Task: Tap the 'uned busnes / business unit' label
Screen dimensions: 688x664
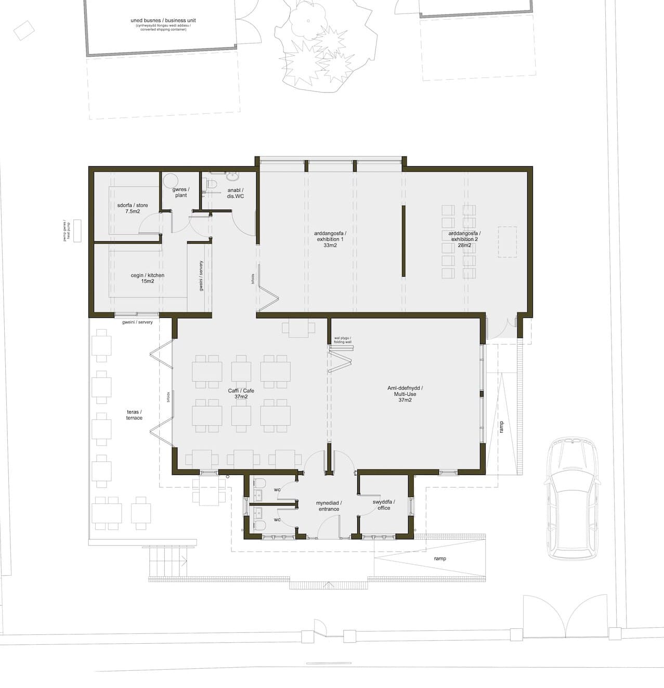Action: (x=163, y=21)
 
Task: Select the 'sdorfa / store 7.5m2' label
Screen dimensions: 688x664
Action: (x=133, y=208)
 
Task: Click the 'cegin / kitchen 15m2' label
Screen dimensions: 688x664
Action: (x=147, y=278)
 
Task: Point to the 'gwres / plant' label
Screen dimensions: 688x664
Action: (x=181, y=192)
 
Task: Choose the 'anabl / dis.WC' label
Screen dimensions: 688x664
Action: (x=235, y=193)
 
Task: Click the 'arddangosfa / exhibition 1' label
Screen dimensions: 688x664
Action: (x=330, y=239)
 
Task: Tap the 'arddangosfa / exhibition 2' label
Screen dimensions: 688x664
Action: (x=464, y=239)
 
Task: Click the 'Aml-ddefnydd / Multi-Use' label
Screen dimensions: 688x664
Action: (x=405, y=394)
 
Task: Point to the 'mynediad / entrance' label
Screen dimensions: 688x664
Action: (x=329, y=506)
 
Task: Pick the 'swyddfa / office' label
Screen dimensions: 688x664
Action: (x=384, y=504)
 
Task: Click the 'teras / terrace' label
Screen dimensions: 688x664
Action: (x=134, y=414)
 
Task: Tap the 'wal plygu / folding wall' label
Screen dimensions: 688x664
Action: (x=343, y=340)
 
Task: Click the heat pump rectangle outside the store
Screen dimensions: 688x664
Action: (x=77, y=230)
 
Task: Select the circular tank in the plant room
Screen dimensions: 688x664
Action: (x=171, y=180)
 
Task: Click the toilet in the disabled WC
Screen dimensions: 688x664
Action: (x=212, y=184)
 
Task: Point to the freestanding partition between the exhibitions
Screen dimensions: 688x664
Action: (x=403, y=241)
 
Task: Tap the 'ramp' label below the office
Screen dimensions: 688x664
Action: (x=440, y=559)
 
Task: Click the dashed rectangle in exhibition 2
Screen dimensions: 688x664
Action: (x=507, y=242)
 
